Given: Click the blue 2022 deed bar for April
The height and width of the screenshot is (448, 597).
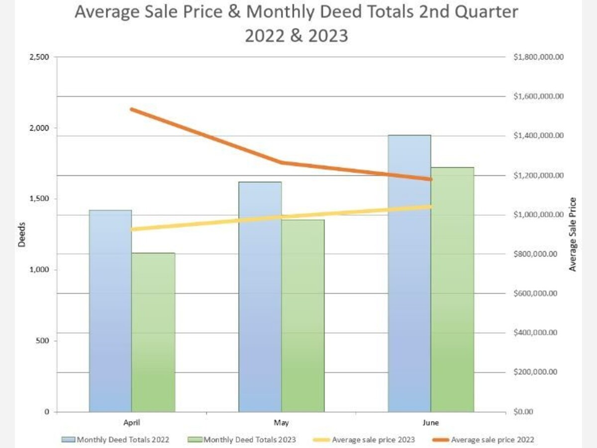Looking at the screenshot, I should click(x=110, y=311).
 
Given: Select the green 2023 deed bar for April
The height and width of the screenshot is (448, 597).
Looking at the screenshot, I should click(x=153, y=333).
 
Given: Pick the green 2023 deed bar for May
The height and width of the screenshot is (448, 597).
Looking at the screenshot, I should click(x=302, y=316).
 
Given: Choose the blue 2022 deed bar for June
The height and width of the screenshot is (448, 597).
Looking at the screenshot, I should click(x=409, y=274).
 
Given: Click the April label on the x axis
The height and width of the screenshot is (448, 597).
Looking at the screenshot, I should click(x=132, y=423).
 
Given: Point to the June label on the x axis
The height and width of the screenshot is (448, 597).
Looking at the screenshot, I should click(x=431, y=423).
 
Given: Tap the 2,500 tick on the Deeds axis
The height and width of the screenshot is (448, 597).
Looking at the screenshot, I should click(x=39, y=57).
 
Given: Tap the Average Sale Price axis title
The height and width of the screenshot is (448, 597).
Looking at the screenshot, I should click(x=573, y=234).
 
